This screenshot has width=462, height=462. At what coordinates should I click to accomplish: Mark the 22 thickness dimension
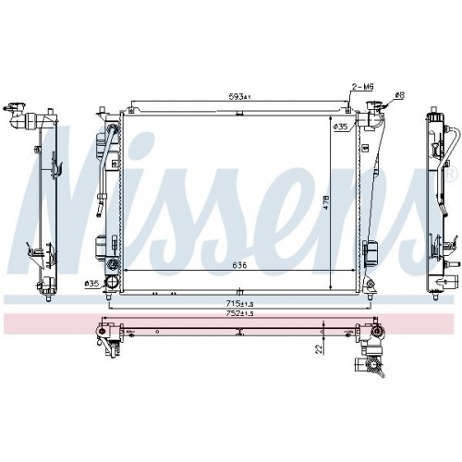[317, 348]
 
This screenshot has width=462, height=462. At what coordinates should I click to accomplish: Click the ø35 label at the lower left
[92, 283]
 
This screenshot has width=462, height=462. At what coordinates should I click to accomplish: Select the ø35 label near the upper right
[340, 126]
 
